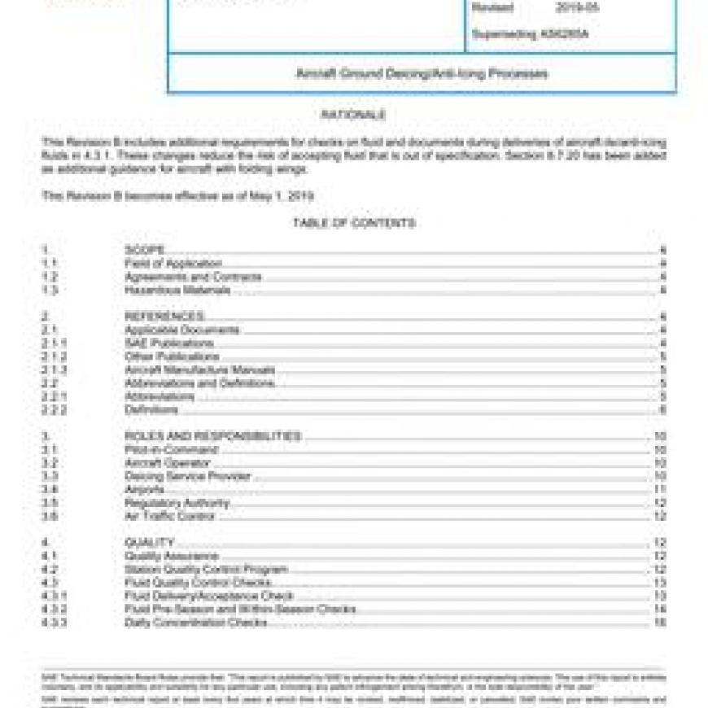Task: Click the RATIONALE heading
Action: pos(353,116)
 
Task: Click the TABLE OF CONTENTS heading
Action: pos(353,223)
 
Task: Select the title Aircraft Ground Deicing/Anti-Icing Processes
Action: pos(422,73)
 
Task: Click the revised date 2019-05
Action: pos(577,8)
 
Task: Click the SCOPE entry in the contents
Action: pos(145,250)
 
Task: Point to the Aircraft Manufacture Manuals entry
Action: pos(200,369)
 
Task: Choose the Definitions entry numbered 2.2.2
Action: pos(151,409)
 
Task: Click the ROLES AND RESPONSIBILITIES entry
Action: pos(212,436)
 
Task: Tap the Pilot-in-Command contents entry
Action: pos(172,449)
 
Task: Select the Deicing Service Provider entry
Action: pos(188,476)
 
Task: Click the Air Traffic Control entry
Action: pos(170,516)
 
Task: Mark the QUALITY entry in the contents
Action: pos(150,543)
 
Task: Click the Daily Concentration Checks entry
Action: pos(196,623)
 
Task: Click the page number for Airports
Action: pos(660,489)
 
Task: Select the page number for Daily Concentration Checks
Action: pos(660,623)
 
